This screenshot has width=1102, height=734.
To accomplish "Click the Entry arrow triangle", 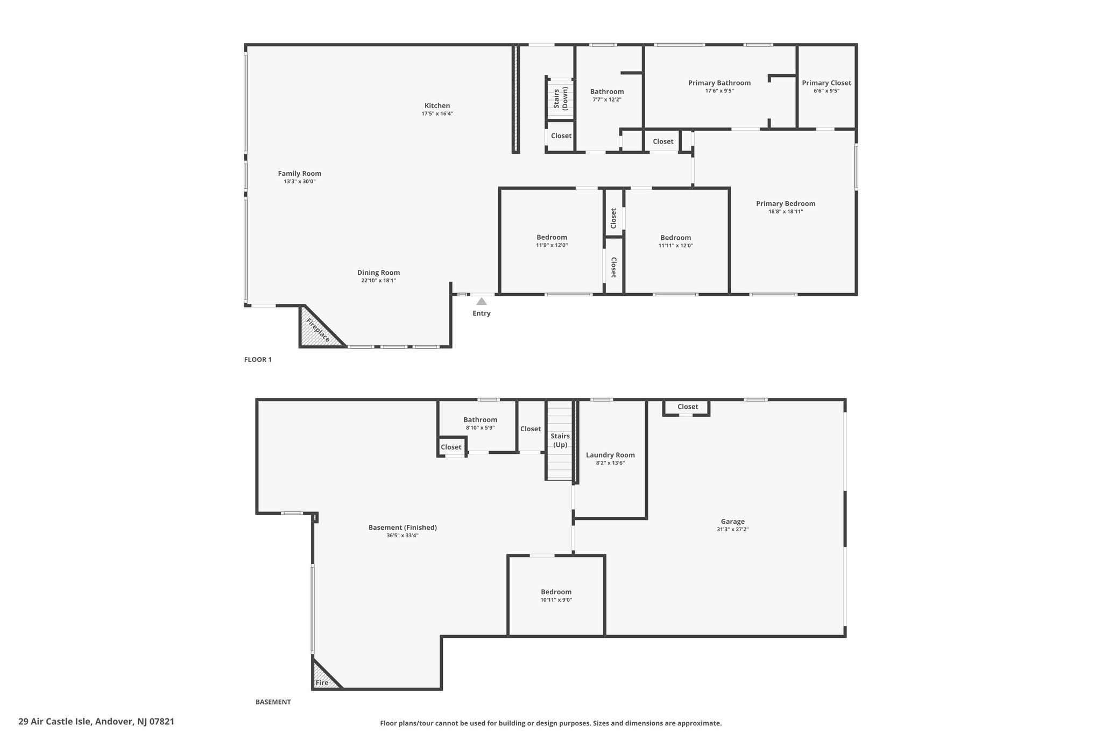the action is click(x=482, y=301).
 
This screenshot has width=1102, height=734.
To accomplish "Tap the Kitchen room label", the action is click(x=437, y=105).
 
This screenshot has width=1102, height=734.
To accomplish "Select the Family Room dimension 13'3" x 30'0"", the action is click(x=300, y=182).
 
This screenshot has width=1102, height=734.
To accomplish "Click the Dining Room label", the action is click(x=378, y=273).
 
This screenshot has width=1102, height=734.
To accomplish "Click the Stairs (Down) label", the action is click(x=561, y=98).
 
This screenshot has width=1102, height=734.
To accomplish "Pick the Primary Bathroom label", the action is click(x=719, y=83).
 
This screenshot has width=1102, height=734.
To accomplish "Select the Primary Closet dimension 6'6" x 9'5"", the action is click(x=826, y=91).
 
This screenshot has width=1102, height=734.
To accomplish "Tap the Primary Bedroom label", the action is click(x=786, y=203).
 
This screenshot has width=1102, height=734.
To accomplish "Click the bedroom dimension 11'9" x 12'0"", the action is click(x=552, y=245).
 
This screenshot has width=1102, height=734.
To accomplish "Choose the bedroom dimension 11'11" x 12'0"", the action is click(x=676, y=245).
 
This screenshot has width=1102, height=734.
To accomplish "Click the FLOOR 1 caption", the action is click(x=258, y=360).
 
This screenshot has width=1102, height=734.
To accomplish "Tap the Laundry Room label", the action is click(x=610, y=455).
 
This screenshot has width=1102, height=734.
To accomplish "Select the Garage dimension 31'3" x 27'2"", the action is click(x=733, y=529).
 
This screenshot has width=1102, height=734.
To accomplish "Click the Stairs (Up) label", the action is click(x=561, y=440).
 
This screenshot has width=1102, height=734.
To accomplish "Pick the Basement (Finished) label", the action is click(x=402, y=528).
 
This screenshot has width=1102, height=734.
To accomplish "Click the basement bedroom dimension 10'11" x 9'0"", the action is click(x=556, y=600).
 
